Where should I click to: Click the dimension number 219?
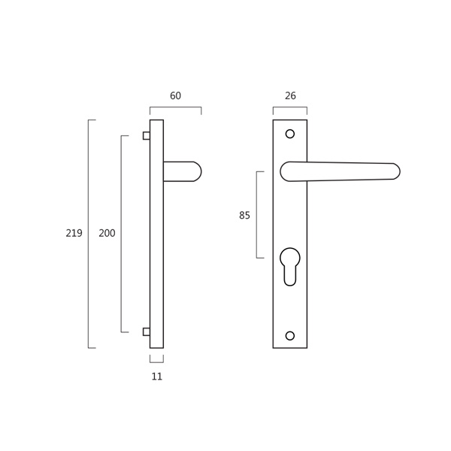[74, 233]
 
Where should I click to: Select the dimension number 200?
[107, 233]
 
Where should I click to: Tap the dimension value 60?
[175, 95]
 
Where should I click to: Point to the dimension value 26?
[290, 95]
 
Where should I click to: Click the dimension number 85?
[244, 215]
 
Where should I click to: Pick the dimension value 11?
[157, 377]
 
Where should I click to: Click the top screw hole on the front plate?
[290, 134]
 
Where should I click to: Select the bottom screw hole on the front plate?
[290, 336]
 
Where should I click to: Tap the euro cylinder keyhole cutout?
[290, 267]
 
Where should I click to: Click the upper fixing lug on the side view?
[147, 136]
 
